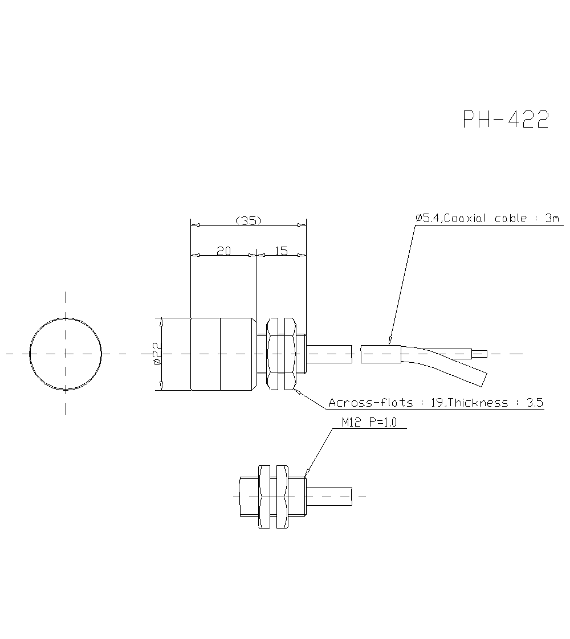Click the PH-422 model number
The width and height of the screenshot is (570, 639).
coord(506,120)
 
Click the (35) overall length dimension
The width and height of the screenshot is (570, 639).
coord(248,220)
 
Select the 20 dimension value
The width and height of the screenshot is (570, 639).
coord(223,251)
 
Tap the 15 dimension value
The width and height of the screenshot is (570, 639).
coord(281,251)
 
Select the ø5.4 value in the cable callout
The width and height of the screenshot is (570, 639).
coord(427,218)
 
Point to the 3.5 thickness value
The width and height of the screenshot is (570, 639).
coord(535,403)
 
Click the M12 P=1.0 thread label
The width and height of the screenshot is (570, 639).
coord(368,423)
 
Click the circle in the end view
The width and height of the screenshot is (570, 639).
coord(66,354)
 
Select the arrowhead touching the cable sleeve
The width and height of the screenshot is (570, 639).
coord(390,341)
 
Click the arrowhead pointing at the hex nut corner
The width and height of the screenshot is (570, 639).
coord(296,390)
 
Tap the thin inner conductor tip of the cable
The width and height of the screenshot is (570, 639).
coord(480,354)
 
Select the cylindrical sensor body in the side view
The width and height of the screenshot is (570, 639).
coord(222,354)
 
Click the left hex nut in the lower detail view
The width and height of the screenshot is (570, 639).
coord(264,496)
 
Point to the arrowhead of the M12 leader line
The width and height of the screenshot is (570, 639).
coord(307,473)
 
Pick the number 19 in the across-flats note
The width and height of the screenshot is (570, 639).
coord(437,403)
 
